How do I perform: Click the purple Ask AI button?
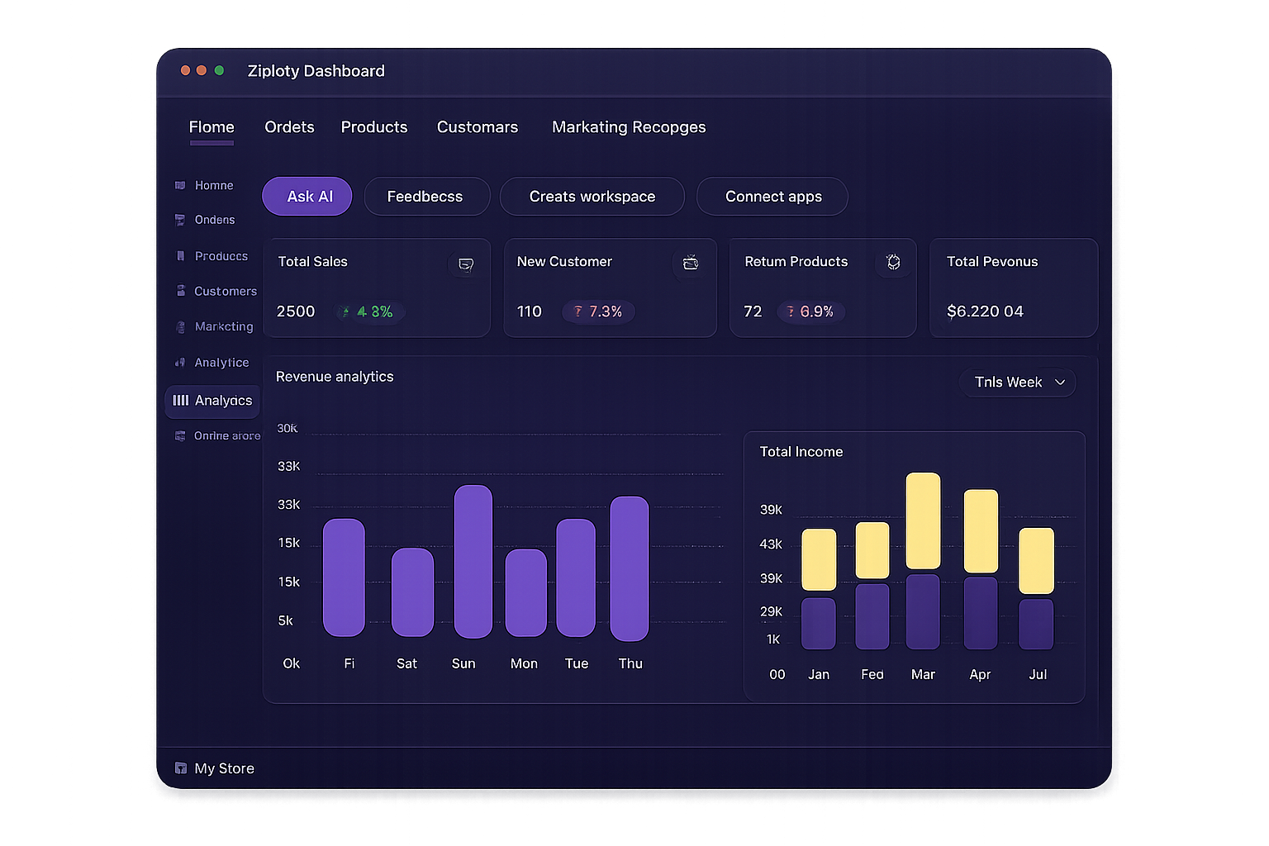click(307, 197)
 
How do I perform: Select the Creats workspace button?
click(592, 197)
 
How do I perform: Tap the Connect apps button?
click(772, 197)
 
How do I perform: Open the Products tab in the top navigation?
click(374, 127)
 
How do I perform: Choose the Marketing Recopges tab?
click(629, 127)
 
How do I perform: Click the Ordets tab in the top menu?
click(289, 127)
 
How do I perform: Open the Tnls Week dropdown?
click(1018, 382)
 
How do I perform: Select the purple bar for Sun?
click(473, 562)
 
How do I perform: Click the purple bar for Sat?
click(412, 592)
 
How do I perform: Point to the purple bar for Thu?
click(630, 568)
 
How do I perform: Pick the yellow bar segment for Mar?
click(923, 520)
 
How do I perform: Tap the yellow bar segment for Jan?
click(819, 559)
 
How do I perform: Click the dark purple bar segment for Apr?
click(981, 612)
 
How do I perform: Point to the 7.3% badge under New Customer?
click(598, 311)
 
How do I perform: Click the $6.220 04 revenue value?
click(985, 311)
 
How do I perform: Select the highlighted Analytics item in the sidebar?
click(212, 401)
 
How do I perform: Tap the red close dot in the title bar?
click(186, 71)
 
